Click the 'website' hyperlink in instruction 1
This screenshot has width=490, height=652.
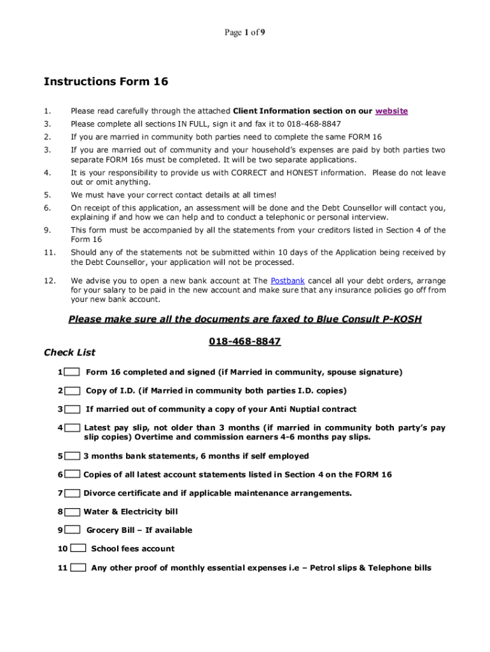[391, 111]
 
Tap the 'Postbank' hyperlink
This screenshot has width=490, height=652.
[288, 280]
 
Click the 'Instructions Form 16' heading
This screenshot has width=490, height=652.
[106, 81]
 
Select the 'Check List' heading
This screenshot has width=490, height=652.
[69, 352]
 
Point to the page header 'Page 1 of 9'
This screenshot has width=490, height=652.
[244, 33]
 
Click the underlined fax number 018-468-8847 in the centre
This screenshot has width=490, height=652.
[245, 341]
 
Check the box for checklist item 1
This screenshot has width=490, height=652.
[72, 372]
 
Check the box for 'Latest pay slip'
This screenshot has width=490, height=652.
[72, 428]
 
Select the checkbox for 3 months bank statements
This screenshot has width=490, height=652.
[72, 456]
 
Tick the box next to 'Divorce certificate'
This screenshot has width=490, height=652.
[72, 493]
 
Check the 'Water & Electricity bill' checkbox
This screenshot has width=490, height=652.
[72, 511]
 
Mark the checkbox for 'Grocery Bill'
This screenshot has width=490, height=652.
[72, 530]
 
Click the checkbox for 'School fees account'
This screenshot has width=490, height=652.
[78, 548]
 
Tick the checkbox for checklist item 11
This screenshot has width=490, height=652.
[78, 567]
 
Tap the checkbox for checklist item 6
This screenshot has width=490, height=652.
[72, 474]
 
